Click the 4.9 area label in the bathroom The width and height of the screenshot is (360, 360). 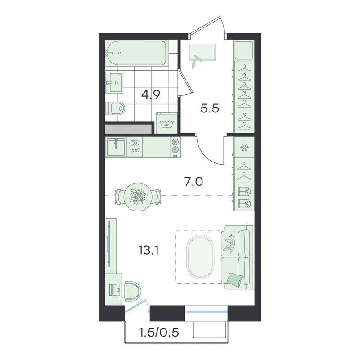coord(151,94)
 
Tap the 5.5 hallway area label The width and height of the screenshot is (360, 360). coord(210,108)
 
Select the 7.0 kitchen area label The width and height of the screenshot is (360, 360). coord(193,182)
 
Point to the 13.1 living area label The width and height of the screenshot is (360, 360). coord(148,250)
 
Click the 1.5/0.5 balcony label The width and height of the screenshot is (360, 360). coord(159,332)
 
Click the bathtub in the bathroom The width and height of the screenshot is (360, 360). coord(137,53)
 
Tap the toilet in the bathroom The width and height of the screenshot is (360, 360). coord(115,108)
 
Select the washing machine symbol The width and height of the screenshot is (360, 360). coord(166,123)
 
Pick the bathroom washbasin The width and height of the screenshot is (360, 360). coord(114,82)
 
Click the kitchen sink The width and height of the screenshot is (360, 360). coord(116,147)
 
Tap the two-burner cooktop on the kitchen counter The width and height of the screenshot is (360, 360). coord(175,147)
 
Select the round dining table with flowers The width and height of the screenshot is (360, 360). coord(138,197)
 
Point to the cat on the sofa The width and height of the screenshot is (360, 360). coord(229,243)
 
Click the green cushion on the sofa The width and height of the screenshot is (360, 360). coord(234,280)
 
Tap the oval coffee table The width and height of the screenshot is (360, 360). coord(200,256)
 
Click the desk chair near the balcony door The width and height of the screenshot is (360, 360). coord(132,291)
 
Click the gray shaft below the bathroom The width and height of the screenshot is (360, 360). coord(129,129)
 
